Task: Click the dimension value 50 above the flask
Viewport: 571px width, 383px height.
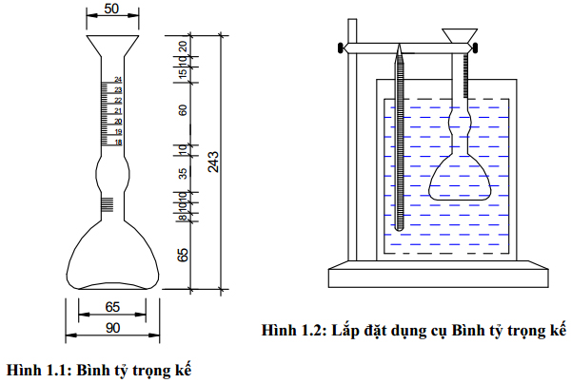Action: [x=111, y=8]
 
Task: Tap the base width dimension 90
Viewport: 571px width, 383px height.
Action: [x=111, y=328]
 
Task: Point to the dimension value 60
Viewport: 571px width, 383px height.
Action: [x=183, y=108]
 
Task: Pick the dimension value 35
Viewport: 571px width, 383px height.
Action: [x=183, y=173]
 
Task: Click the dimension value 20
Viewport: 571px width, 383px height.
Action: [x=183, y=46]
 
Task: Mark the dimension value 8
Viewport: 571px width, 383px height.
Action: [x=183, y=219]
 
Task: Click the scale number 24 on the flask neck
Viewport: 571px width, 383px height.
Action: [x=117, y=80]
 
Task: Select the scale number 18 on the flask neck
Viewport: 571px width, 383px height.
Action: [x=117, y=142]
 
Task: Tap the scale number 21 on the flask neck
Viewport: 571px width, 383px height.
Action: [x=117, y=110]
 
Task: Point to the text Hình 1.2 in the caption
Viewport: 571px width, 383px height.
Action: [x=292, y=331]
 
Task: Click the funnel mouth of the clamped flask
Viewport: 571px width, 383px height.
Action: [x=461, y=36]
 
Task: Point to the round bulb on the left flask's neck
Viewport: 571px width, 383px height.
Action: [x=111, y=175]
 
